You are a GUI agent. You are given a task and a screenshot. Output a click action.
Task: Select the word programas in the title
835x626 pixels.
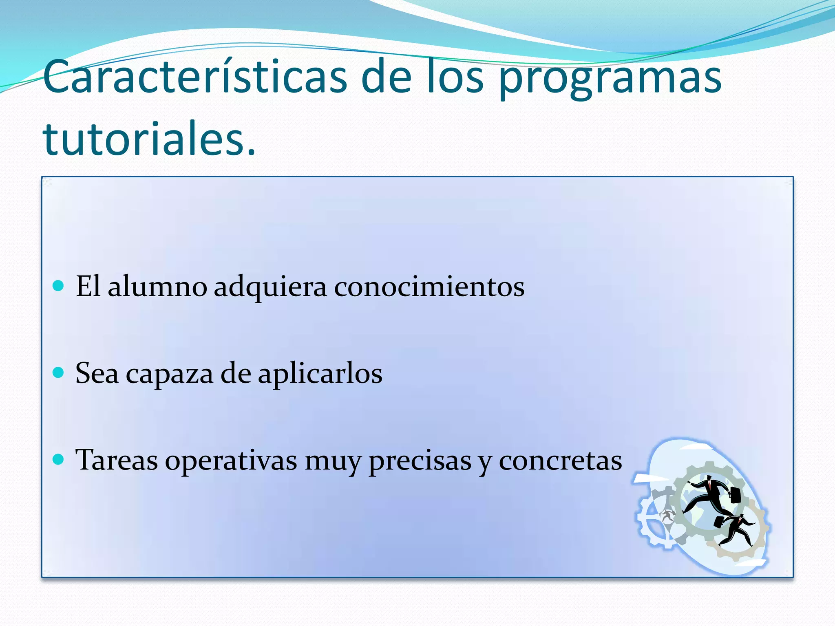(610, 79)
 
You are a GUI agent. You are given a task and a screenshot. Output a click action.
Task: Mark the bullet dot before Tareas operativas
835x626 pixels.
(59, 459)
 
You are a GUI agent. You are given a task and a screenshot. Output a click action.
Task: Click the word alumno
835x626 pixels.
(157, 287)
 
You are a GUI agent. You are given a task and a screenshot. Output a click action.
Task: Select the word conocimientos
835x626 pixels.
(429, 287)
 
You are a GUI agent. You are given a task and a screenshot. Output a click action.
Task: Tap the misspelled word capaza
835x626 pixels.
(169, 374)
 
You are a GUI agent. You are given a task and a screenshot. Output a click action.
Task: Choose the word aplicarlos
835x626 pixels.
(320, 374)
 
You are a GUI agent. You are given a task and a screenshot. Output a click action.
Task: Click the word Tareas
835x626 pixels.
(117, 460)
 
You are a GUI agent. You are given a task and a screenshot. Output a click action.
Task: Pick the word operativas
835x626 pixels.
(231, 461)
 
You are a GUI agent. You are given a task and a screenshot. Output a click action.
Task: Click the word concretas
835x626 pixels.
(560, 461)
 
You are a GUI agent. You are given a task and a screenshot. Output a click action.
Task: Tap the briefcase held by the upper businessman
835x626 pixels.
(735, 495)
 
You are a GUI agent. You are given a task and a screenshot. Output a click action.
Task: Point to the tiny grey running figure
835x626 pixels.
(667, 516)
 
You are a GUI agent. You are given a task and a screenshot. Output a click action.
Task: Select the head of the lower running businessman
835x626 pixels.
(741, 517)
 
